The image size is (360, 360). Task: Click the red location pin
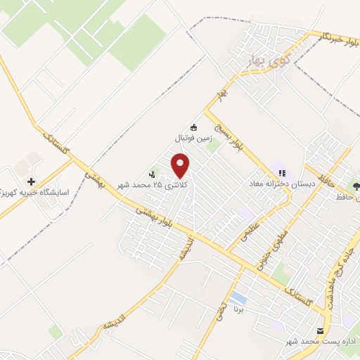[x=181, y=166]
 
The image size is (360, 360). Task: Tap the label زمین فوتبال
[x=193, y=139]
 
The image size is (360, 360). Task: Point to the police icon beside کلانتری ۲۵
[x=152, y=174]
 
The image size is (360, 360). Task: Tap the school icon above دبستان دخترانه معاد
[x=282, y=173]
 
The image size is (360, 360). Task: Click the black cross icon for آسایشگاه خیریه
[x=31, y=181]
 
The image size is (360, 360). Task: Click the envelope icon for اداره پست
[x=321, y=330]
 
